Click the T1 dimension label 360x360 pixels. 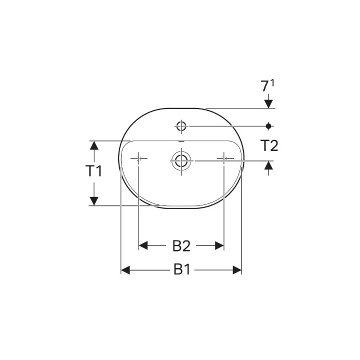pos(93,171)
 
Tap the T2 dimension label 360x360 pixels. pos(269,145)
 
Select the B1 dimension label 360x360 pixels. pos(182,270)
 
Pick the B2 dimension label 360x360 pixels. pos(181,245)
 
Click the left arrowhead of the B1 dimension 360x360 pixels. pos(125,270)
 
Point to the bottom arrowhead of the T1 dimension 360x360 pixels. pos(93,201)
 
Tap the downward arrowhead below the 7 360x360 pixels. pos(269,104)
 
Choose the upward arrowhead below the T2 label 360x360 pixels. pos(269,165)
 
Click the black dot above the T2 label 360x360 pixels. pos(269,125)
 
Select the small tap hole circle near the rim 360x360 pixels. pos(181,125)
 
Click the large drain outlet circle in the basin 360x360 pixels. pos(181,160)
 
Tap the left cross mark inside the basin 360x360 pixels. pos(138,158)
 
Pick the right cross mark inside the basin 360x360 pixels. pos(224,158)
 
